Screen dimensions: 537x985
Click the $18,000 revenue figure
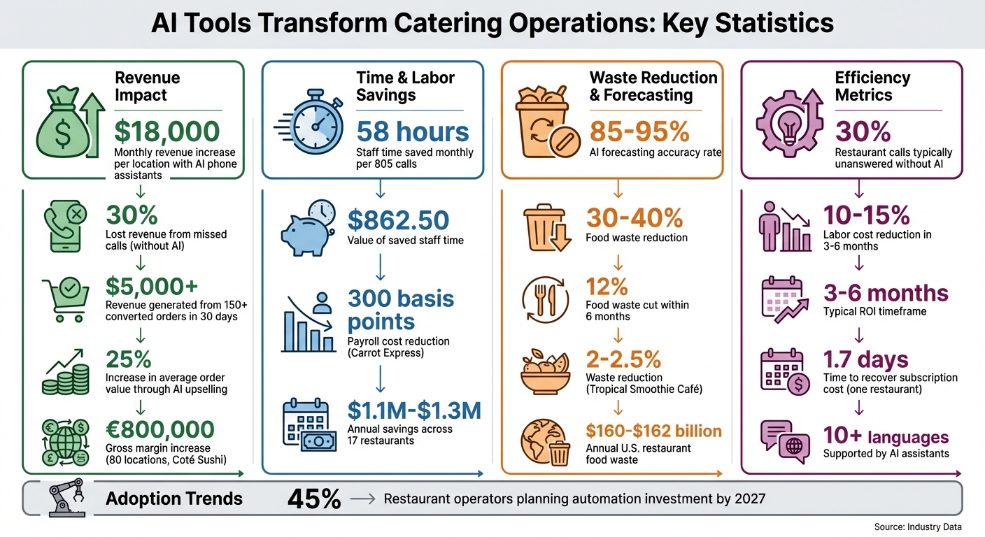coord(166,131)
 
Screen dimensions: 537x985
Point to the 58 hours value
coord(413,131)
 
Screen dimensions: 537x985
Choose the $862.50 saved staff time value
coord(398,220)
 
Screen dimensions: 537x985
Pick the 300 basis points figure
coord(401,310)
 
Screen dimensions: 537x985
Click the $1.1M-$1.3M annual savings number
coord(414,410)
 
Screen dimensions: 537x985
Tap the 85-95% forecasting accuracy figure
coord(639,131)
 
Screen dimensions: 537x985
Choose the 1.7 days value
coord(865,360)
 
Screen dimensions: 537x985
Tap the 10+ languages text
coord(886,437)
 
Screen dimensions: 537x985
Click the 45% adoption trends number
coord(314,499)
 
